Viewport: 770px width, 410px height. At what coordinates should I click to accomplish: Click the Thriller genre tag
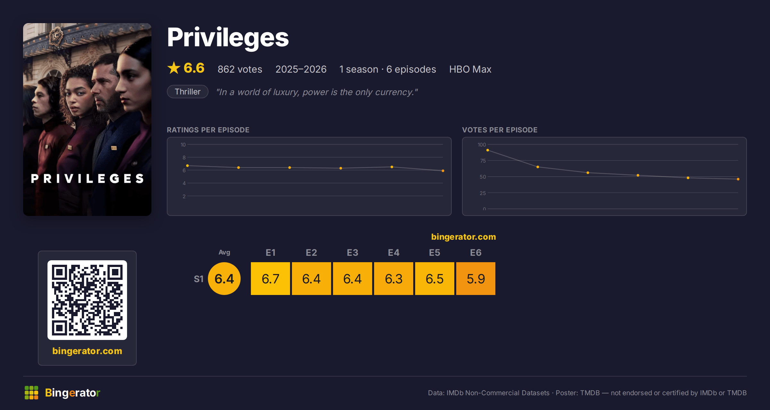point(188,92)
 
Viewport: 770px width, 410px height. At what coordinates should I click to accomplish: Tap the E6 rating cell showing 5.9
point(476,279)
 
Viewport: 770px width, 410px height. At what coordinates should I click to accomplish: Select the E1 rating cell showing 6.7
point(270,279)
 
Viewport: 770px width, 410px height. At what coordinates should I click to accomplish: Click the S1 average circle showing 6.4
point(224,279)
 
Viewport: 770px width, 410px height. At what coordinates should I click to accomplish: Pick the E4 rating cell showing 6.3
point(394,279)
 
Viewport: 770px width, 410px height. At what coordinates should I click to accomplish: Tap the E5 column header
point(435,253)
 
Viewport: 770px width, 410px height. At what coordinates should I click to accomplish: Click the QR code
point(87,300)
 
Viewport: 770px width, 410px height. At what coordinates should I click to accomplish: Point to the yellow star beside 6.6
point(174,68)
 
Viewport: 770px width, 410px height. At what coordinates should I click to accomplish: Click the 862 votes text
point(240,69)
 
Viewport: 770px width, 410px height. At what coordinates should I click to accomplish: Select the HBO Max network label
point(470,69)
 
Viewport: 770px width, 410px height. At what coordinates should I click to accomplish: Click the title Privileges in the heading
point(228,38)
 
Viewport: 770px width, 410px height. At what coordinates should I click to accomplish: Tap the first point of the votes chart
point(488,150)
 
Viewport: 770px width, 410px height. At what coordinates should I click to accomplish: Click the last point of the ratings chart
point(443,171)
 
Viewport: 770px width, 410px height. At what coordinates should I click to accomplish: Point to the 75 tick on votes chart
point(483,161)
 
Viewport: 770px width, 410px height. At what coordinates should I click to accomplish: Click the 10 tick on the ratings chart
point(183,145)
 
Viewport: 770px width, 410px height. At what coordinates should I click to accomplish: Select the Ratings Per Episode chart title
point(208,130)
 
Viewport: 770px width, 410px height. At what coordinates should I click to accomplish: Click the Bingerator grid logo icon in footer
point(31,393)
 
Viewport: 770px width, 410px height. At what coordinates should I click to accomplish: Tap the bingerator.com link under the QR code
point(87,351)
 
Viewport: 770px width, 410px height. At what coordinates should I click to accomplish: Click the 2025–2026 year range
point(301,69)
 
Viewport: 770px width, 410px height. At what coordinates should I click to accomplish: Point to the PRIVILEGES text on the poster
point(87,179)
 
